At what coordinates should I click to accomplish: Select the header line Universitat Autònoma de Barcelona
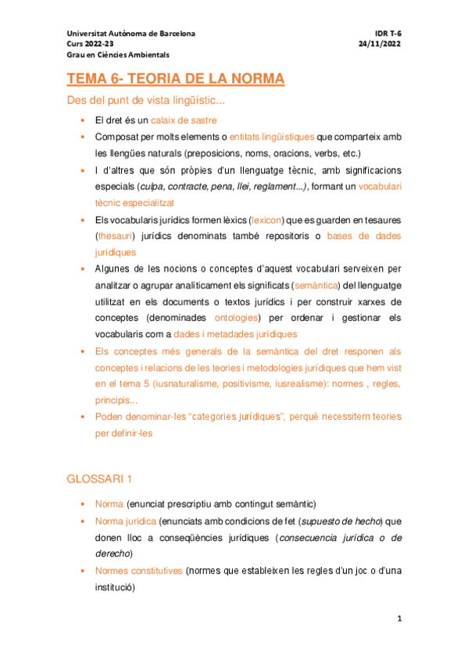click(131, 34)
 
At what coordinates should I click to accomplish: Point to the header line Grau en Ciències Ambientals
click(118, 55)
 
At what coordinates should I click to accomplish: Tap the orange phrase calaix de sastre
click(184, 120)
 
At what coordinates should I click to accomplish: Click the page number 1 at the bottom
click(398, 619)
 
